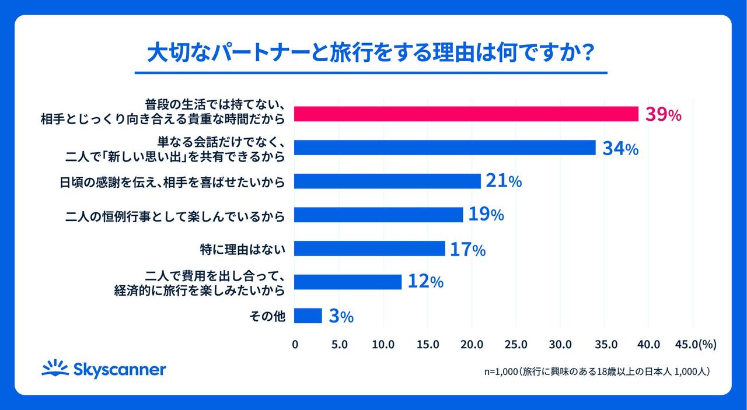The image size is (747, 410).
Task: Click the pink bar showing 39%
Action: pos(466,114)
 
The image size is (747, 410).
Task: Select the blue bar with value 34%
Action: pos(444,148)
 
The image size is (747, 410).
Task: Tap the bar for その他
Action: pos(308,316)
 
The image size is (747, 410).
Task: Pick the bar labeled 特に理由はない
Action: pos(369,249)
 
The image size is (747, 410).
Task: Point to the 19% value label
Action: pos(486,215)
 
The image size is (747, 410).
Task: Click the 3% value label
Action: pos(341,317)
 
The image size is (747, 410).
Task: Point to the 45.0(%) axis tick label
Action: pos(694,345)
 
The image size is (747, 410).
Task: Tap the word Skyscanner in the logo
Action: pos(120,370)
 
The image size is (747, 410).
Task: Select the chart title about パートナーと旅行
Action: pos(371,54)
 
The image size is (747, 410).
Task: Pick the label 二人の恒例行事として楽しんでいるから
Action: pos(175,216)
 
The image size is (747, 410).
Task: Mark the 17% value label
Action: pos(467,249)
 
